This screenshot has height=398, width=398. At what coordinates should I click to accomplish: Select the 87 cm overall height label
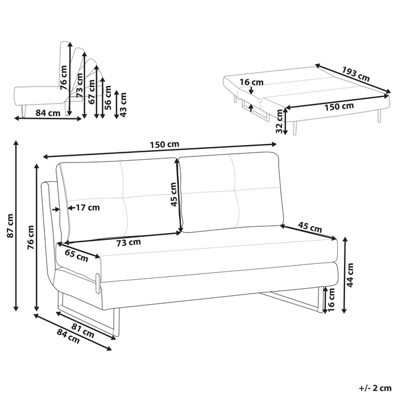pyautogui.click(x=9, y=226)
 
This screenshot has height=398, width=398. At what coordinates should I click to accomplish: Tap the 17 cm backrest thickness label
pyautogui.click(x=84, y=208)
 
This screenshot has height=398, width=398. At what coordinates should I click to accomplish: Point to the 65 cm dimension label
pyautogui.click(x=76, y=256)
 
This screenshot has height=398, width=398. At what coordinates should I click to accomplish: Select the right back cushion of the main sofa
pyautogui.click(x=232, y=193)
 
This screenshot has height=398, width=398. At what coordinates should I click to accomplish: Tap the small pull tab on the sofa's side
pyautogui.click(x=98, y=281)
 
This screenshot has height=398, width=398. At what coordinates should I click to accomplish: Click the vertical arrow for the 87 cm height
pyautogui.click(x=16, y=226)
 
